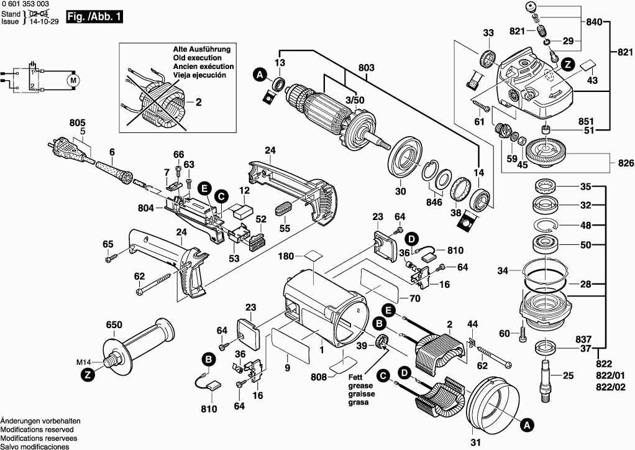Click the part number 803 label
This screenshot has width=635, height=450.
367,67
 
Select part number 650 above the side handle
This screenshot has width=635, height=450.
114,324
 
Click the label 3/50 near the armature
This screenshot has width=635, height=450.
354,99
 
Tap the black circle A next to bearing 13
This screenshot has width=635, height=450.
260,75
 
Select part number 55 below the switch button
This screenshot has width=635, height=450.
285,229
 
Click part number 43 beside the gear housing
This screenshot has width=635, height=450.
592,81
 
